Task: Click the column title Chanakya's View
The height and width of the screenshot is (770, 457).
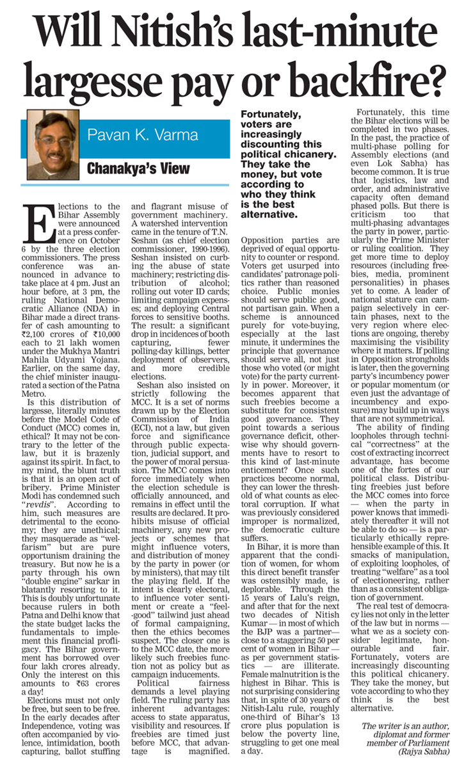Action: pyautogui.click(x=139, y=168)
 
